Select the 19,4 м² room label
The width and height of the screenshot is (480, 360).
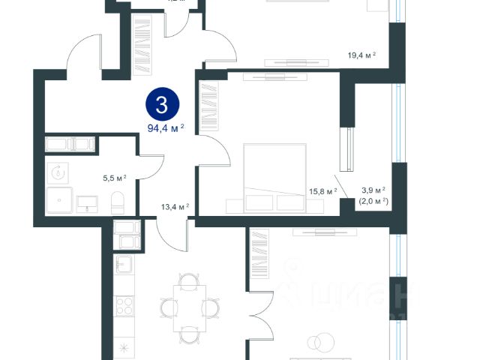click(x=361, y=55)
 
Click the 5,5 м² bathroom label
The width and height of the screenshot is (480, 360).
click(x=114, y=178)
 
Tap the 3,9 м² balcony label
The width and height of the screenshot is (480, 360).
click(x=373, y=190)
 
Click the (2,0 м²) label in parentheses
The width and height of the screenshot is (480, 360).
click(x=373, y=201)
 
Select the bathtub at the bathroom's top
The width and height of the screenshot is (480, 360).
click(x=67, y=144)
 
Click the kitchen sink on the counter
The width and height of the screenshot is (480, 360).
click(x=124, y=264)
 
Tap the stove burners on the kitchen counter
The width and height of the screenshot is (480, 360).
click(x=124, y=307)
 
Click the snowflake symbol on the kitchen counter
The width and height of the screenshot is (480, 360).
click(x=124, y=346)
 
